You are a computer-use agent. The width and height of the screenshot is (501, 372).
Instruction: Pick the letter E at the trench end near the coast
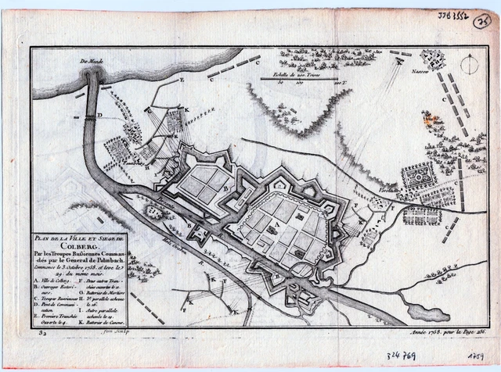click(x=181, y=80)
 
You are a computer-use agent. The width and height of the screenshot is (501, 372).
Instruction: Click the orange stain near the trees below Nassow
click(x=428, y=120)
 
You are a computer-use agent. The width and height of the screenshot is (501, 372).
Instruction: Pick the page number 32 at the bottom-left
click(x=40, y=331)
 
